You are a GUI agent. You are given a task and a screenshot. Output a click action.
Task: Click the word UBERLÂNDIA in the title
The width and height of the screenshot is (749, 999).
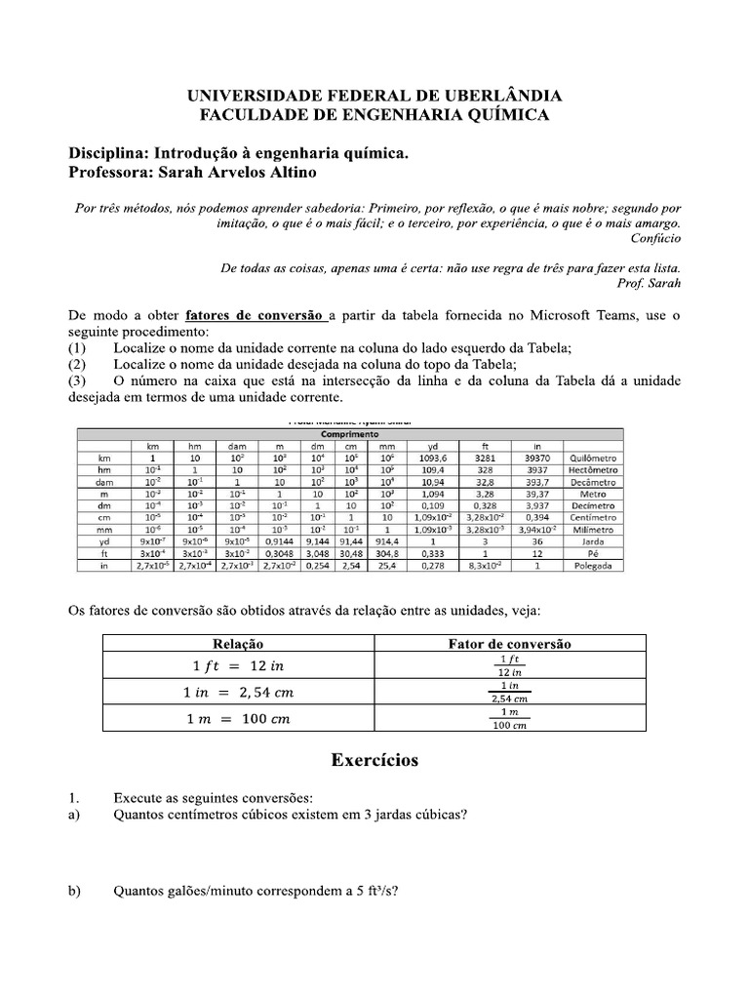(x=502, y=96)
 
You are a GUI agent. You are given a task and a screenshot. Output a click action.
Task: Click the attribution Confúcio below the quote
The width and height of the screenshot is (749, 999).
(x=655, y=238)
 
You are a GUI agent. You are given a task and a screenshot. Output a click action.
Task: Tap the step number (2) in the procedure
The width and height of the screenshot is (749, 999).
(x=78, y=364)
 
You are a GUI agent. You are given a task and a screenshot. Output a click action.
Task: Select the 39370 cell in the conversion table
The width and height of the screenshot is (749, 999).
(x=536, y=456)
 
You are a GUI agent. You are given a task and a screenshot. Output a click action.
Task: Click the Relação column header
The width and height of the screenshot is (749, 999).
(x=238, y=644)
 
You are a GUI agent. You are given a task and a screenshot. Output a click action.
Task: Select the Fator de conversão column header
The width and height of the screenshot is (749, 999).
(x=509, y=644)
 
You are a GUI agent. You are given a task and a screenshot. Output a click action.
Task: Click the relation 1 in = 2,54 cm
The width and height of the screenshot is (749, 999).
(x=238, y=692)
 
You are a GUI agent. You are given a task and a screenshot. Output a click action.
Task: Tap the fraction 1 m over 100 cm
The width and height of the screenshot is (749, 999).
(x=509, y=718)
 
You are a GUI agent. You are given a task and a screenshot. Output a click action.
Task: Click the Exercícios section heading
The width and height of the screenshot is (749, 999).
(x=374, y=759)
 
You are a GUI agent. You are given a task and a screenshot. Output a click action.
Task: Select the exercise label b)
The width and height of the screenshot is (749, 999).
(x=74, y=890)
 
